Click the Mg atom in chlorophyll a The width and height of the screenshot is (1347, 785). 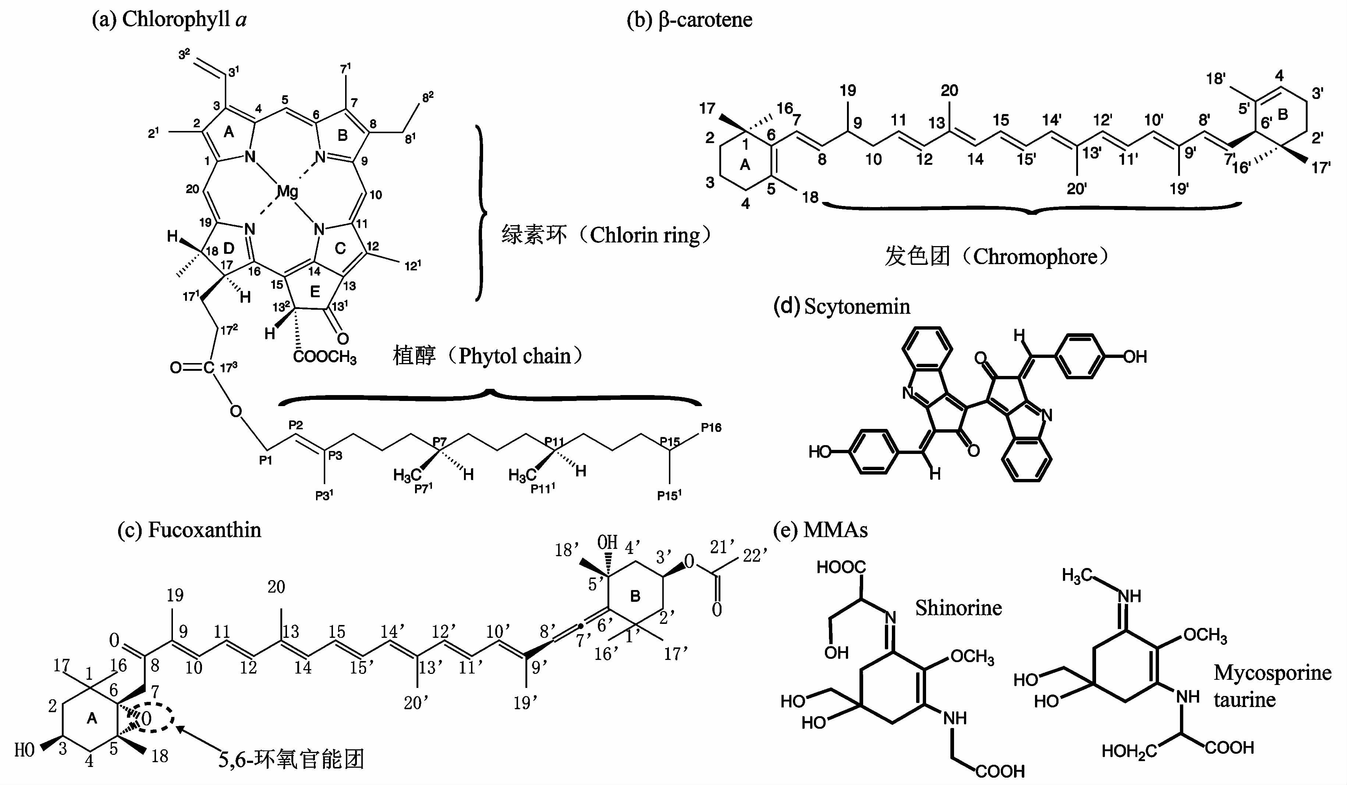click(287, 191)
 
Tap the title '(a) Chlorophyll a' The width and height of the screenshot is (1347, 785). click(169, 20)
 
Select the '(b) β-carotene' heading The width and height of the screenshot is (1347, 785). click(689, 20)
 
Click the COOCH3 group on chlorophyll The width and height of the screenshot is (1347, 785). click(325, 357)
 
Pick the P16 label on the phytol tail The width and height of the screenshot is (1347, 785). click(711, 427)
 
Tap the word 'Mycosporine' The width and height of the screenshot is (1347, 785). click(1272, 673)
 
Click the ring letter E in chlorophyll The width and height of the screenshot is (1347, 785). click(315, 292)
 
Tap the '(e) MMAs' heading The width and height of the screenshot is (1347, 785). click(820, 530)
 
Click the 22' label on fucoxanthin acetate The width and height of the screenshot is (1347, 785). click(755, 556)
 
